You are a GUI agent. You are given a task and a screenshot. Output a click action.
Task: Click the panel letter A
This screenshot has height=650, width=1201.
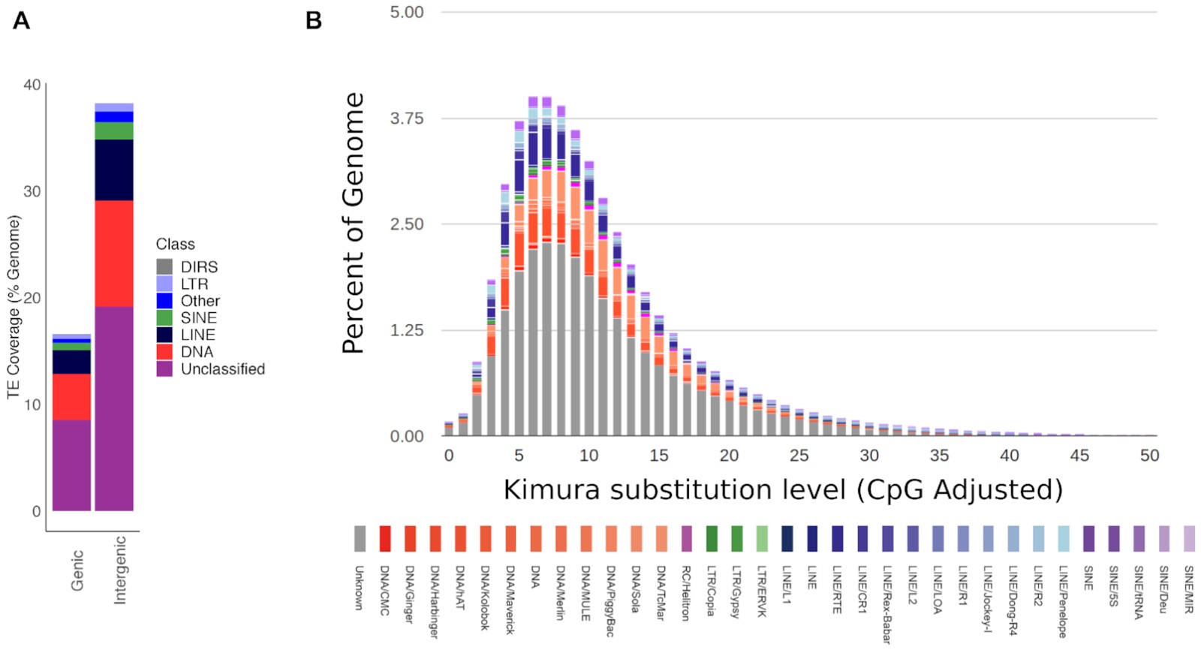click(22, 20)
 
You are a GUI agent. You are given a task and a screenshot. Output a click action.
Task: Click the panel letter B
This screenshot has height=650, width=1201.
click(314, 20)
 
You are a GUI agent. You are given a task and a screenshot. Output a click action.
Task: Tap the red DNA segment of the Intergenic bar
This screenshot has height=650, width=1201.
click(114, 253)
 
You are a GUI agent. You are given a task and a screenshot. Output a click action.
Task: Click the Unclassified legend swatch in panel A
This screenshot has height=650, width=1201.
click(164, 369)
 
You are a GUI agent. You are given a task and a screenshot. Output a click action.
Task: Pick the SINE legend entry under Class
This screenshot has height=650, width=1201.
click(198, 318)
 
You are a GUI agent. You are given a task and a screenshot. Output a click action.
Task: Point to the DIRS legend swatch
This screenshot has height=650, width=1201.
click(164, 267)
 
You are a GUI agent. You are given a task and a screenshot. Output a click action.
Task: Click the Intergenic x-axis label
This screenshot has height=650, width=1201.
click(120, 570)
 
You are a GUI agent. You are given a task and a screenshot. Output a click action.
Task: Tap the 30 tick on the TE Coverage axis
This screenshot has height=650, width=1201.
click(32, 191)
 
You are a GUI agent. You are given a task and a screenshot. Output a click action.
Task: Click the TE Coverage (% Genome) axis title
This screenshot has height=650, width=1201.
click(14, 308)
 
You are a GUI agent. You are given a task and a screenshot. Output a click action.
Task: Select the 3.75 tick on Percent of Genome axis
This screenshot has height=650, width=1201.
click(406, 119)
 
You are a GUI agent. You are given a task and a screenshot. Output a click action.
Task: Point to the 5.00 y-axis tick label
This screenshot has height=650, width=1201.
click(406, 13)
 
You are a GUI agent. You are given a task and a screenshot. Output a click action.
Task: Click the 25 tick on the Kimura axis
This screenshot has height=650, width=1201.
click(799, 456)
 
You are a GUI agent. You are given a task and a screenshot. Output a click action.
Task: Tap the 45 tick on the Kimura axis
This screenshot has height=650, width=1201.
click(1079, 456)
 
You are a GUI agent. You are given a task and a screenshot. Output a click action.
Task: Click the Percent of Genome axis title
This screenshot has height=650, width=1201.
click(353, 223)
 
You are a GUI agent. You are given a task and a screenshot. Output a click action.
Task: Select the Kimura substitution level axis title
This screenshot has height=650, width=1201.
click(783, 490)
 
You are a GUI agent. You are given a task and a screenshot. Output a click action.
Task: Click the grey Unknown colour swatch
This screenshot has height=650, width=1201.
click(360, 539)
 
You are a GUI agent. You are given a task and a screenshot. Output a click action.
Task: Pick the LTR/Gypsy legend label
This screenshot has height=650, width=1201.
click(736, 592)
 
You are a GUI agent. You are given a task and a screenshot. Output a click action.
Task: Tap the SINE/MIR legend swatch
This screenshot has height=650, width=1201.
click(1189, 539)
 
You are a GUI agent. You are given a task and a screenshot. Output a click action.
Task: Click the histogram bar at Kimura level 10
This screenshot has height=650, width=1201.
click(589, 300)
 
